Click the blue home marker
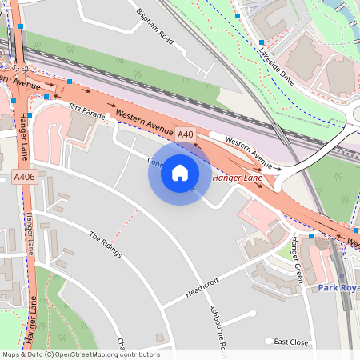tap(180, 173)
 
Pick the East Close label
tap(290, 342)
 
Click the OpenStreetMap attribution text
tap(80, 354)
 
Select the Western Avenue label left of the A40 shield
tap(144, 123)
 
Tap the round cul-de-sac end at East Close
tap(270, 341)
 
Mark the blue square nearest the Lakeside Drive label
tap(261, 42)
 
